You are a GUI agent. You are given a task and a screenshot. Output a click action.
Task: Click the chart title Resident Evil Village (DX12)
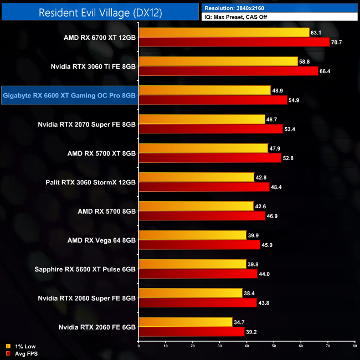[100, 12]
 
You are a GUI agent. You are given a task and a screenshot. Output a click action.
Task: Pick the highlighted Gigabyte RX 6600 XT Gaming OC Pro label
[69, 96]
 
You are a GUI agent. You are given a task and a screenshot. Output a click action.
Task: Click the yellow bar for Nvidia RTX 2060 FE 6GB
[185, 321]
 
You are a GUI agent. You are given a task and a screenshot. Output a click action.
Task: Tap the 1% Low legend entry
[22, 346]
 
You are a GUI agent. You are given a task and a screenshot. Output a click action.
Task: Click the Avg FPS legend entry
[24, 353]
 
